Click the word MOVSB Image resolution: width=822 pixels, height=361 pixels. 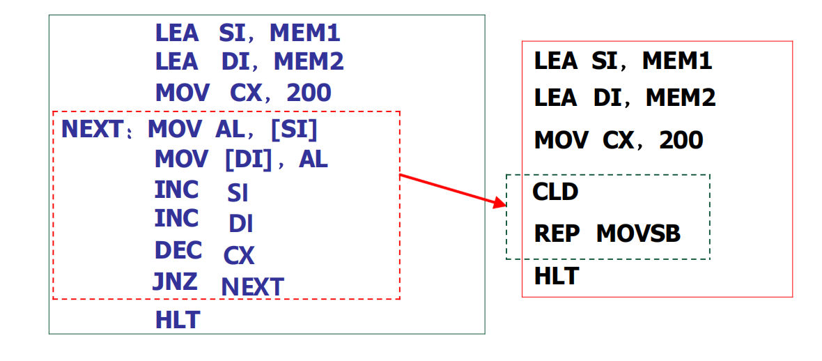[x=638, y=233]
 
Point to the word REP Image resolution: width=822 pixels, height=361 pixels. [x=557, y=233]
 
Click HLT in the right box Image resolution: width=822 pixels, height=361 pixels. [x=556, y=276]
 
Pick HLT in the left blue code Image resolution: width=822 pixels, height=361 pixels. [x=178, y=320]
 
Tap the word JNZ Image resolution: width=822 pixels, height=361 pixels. [x=176, y=282]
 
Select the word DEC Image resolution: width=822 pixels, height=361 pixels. [x=178, y=249]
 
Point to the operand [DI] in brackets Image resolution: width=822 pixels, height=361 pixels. [x=248, y=160]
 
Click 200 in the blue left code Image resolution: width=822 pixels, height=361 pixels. [x=309, y=93]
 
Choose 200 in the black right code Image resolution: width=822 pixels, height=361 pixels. [x=681, y=141]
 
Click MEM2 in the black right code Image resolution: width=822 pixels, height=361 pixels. [x=681, y=98]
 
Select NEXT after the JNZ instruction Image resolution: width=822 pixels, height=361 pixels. [x=252, y=286]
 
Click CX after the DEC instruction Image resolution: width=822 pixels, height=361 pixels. [x=239, y=256]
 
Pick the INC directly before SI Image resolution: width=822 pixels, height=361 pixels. [x=176, y=190]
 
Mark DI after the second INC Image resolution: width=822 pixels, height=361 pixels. [x=240, y=224]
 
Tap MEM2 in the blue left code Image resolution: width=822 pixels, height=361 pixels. [x=309, y=62]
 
